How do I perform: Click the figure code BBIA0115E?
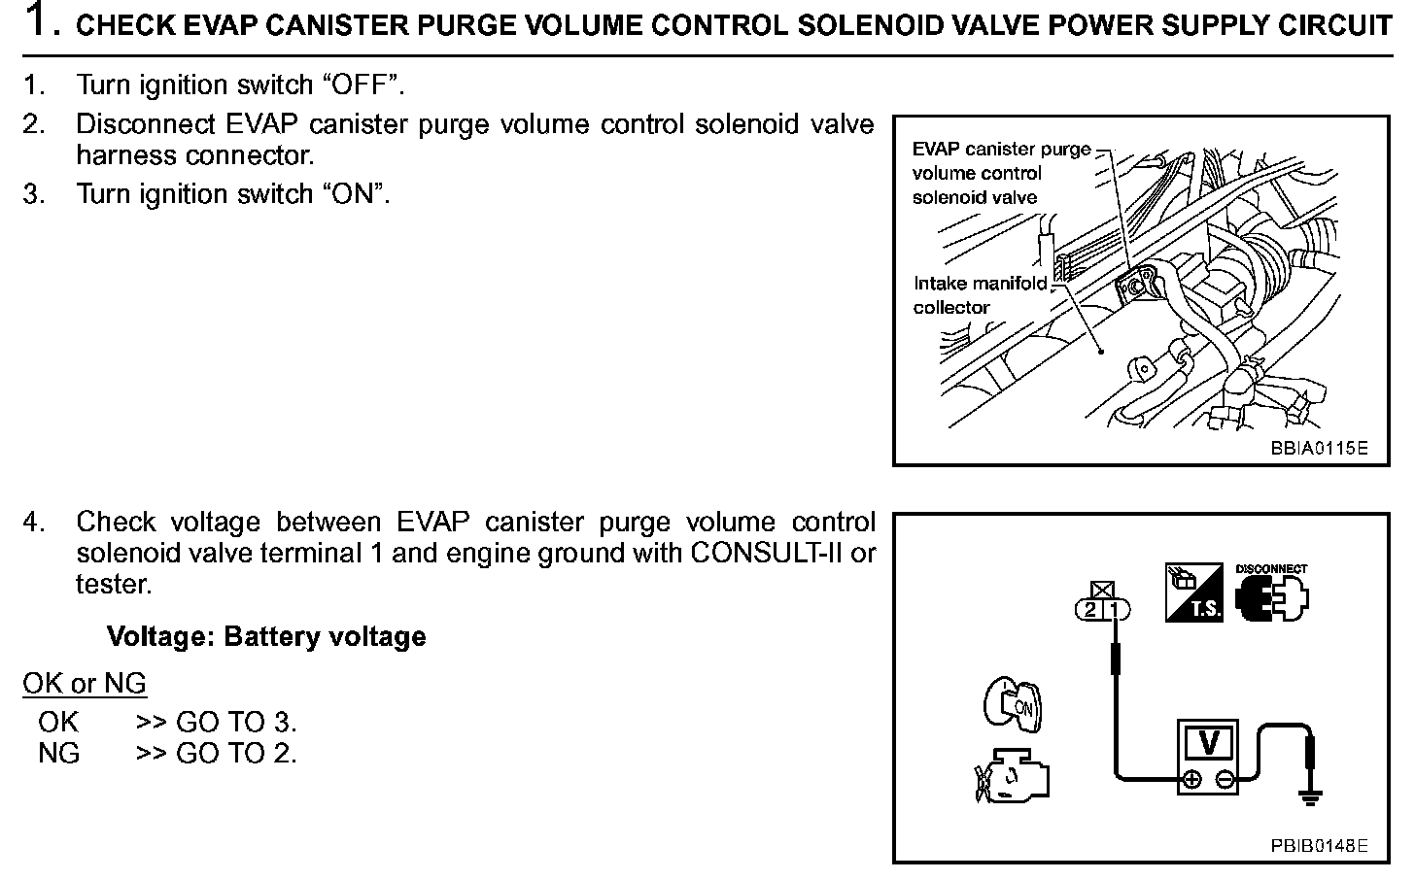tap(1319, 449)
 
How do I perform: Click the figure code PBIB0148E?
tap(1319, 846)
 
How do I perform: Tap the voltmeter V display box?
tap(1209, 743)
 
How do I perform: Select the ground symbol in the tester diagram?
tap(1310, 797)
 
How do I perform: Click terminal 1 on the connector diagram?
tap(1117, 610)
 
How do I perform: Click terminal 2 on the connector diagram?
tap(1090, 610)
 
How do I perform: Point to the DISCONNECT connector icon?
tap(1271, 594)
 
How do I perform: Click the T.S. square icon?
tap(1193, 592)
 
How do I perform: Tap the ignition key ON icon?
tap(1012, 704)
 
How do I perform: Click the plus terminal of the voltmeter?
tap(1192, 779)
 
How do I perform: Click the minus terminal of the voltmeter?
tap(1225, 779)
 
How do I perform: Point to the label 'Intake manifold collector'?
tap(980, 295)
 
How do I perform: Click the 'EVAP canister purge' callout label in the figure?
tap(1001, 150)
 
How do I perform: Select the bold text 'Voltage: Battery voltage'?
tap(266, 637)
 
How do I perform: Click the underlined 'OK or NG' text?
tap(85, 684)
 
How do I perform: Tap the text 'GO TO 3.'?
tap(236, 722)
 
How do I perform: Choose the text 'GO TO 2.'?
tap(236, 753)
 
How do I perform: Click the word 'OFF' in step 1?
tap(359, 85)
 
